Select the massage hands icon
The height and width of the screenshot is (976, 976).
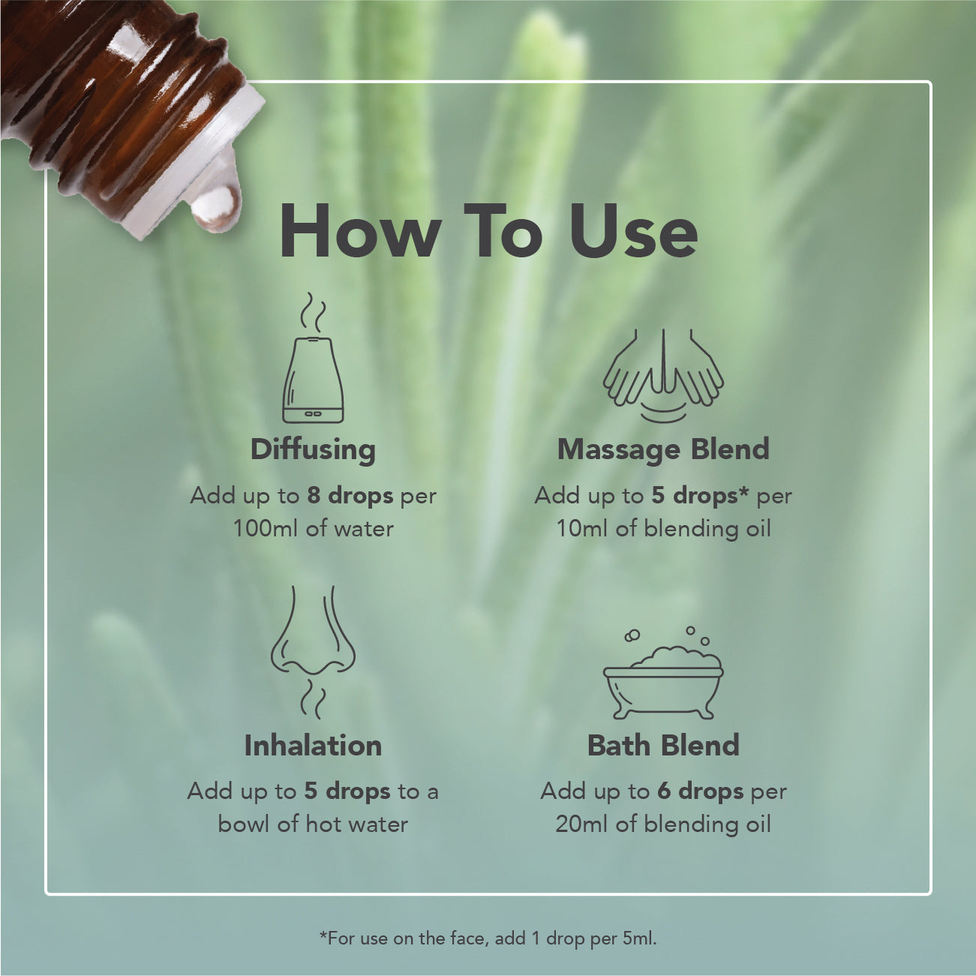point(663,375)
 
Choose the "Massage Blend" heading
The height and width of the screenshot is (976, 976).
point(663,449)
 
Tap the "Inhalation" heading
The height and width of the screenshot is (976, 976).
point(313,746)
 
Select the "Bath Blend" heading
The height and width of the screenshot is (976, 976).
point(663,746)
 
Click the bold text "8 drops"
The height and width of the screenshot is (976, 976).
point(350,497)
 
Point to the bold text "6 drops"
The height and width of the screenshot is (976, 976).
point(701,791)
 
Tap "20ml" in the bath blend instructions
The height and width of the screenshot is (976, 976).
point(582,824)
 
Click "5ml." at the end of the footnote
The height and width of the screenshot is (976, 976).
point(640,938)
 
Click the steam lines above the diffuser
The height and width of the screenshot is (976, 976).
point(313,311)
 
